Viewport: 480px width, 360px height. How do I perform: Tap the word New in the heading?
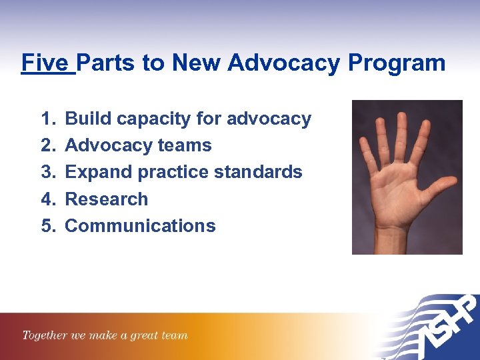(x=197, y=63)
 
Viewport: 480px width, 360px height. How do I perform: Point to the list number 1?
(x=47, y=119)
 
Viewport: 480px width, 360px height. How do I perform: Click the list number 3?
(x=47, y=172)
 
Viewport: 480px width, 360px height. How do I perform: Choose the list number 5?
(x=47, y=225)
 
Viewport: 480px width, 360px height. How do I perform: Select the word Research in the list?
(x=106, y=199)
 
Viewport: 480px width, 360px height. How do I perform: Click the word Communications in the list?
(x=140, y=225)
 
